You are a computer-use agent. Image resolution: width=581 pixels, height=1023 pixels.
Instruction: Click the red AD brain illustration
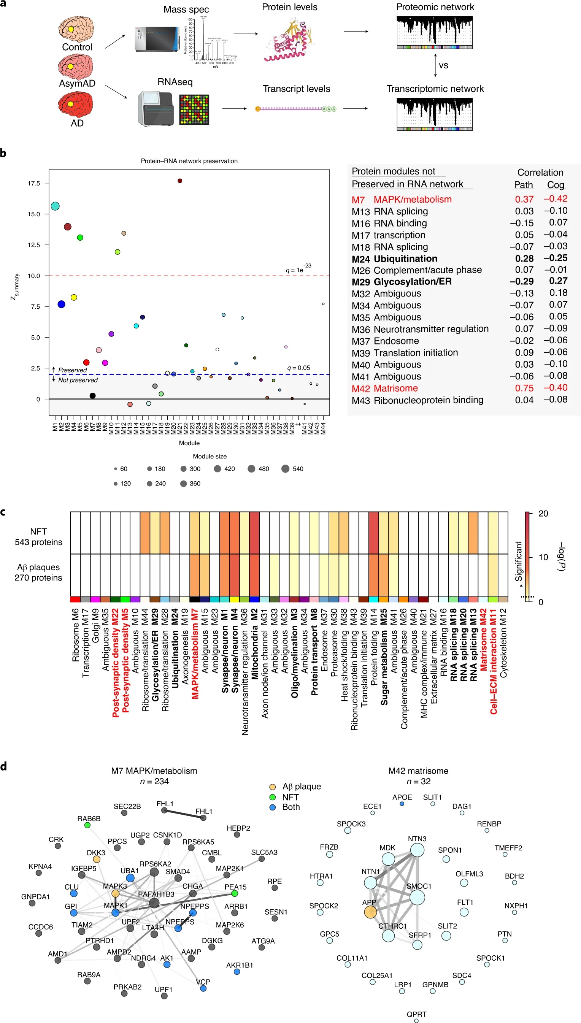coord(76,105)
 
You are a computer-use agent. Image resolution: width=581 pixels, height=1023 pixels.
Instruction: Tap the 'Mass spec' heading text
coord(186,10)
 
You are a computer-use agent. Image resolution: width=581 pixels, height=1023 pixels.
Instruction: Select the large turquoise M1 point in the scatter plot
coord(55,206)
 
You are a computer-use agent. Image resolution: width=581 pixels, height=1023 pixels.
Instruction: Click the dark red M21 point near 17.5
coord(179,181)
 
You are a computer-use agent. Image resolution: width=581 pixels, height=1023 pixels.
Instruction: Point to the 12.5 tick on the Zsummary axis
coord(33,245)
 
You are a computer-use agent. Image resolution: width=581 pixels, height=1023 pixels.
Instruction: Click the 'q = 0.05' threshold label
coord(298,368)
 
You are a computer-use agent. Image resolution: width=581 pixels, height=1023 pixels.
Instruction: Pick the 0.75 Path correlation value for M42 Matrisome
coord(524,388)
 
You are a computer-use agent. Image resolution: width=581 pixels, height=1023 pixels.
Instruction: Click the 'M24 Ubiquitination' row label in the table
coord(394,259)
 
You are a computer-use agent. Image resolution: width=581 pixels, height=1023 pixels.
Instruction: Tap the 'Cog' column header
coord(556,185)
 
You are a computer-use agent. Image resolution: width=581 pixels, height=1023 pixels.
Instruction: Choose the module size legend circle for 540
coord(285,469)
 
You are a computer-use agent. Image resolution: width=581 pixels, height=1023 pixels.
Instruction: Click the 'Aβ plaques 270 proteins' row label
coord(38,572)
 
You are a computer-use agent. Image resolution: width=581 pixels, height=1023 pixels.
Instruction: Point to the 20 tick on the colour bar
coord(543,514)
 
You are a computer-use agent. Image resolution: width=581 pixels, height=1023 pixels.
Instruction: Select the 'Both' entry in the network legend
coord(290,807)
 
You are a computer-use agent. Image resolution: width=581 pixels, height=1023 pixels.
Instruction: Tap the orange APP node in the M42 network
coord(370,912)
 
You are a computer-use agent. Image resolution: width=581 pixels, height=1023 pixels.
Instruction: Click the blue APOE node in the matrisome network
coord(402,804)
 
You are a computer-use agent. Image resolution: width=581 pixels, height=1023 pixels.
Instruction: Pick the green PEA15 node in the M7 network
coord(235,893)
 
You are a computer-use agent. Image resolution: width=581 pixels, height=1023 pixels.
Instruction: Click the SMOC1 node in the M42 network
coord(417,898)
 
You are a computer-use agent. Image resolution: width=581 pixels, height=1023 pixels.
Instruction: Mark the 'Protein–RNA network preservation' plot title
coord(189,161)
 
